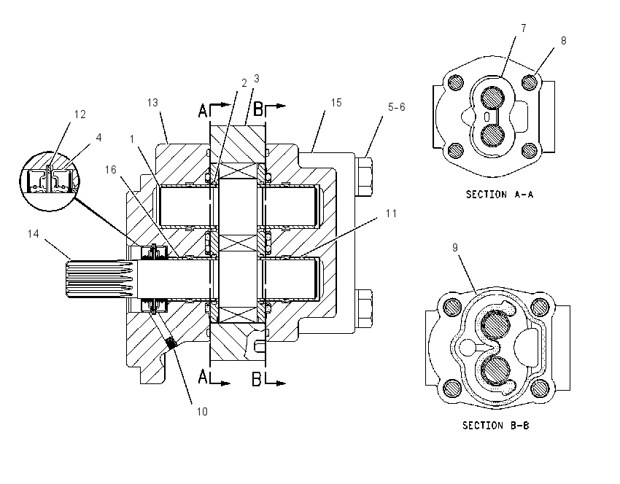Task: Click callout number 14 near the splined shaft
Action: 34,234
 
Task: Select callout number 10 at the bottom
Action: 202,412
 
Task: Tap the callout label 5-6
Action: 397,107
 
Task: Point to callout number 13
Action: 152,103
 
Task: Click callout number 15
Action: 336,103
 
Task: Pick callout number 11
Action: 391,214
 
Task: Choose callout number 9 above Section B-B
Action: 455,248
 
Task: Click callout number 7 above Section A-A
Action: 524,28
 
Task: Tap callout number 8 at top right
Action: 563,41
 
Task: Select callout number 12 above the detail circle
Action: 80,114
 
